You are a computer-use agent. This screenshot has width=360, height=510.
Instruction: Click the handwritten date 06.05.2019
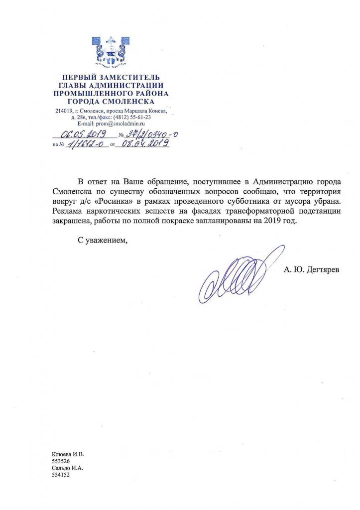(x=81, y=133)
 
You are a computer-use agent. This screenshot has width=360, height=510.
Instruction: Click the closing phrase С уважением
(x=102, y=242)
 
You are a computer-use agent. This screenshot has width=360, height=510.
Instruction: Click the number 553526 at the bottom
(x=61, y=461)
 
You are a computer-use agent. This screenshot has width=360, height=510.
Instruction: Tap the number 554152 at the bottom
(x=61, y=475)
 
